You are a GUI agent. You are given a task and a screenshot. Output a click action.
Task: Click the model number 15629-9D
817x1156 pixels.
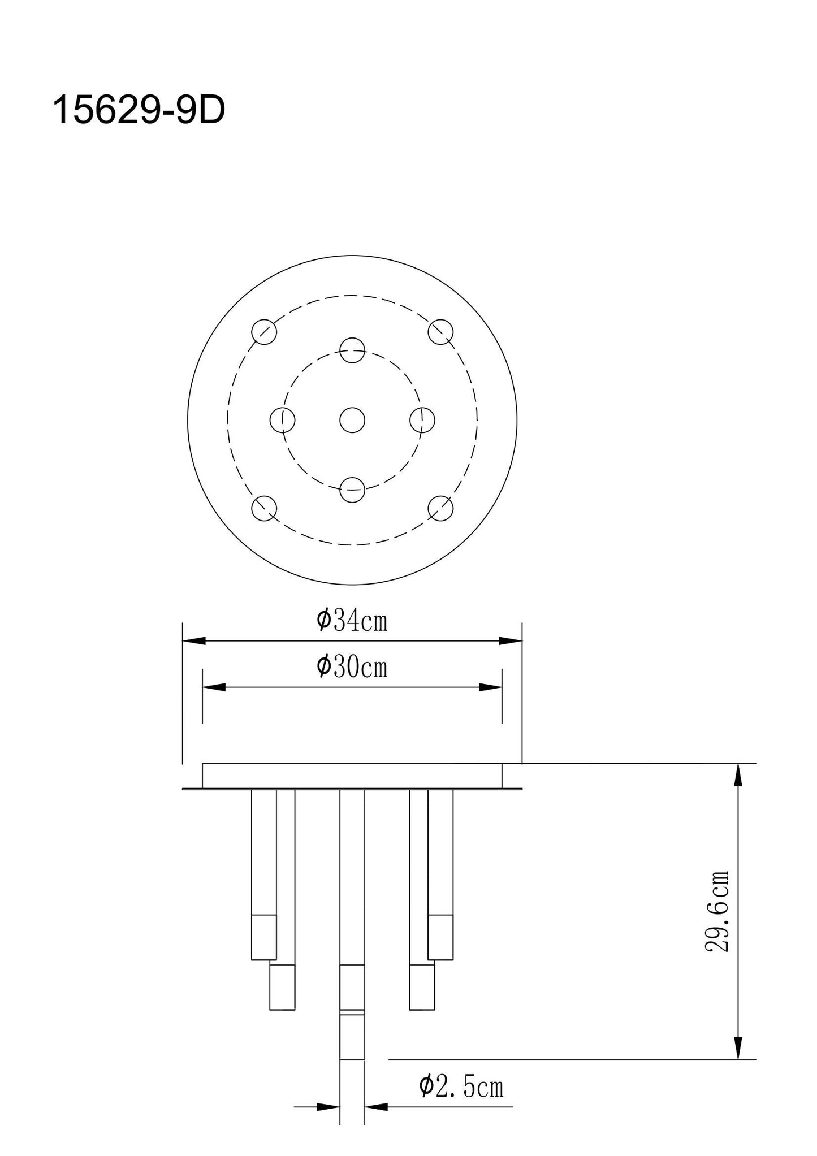(139, 110)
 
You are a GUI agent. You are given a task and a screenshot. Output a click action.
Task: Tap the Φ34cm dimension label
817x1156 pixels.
(352, 621)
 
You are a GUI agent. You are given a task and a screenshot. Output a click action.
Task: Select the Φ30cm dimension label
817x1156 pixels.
(352, 667)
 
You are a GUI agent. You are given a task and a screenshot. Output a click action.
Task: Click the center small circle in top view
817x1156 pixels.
(352, 420)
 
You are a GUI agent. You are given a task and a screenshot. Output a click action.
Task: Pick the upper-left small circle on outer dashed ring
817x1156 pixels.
(264, 332)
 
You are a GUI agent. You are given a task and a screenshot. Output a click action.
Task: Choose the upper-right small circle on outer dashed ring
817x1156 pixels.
(440, 332)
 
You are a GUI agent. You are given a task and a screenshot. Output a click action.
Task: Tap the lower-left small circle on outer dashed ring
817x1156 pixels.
(264, 508)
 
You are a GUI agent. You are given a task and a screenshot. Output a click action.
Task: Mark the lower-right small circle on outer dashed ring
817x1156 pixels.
(440, 508)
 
